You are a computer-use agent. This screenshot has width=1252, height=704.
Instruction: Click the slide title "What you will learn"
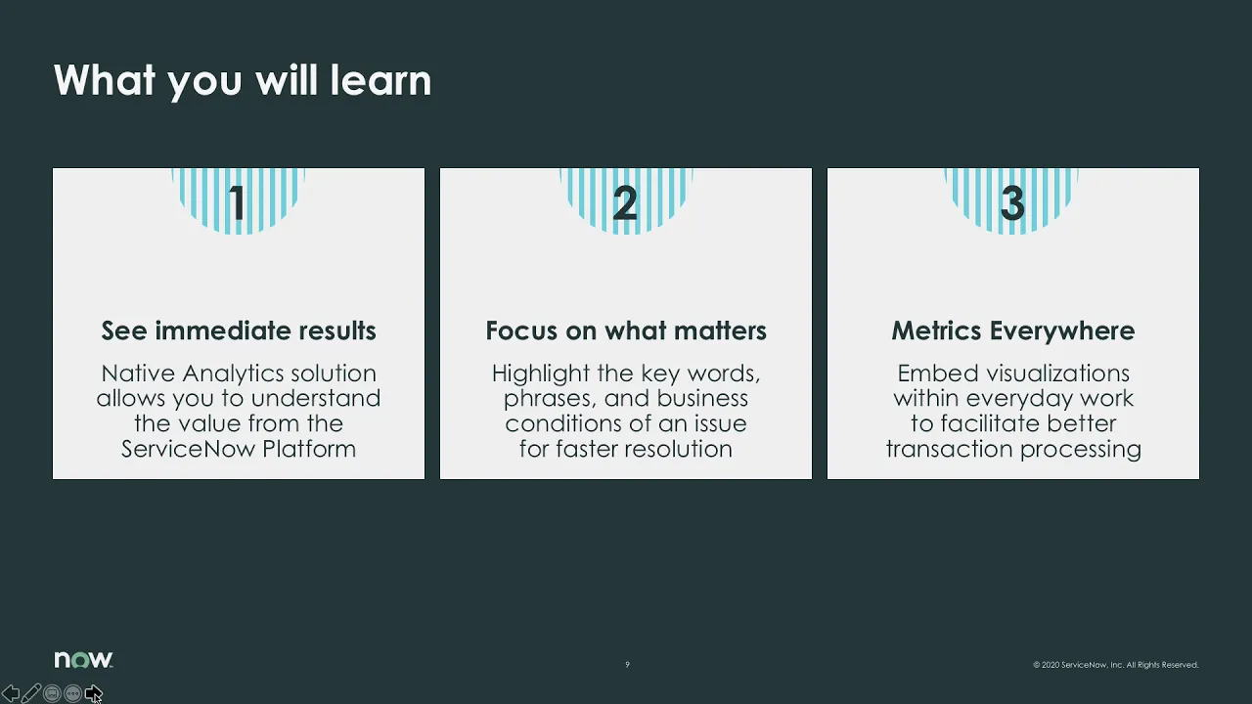tap(242, 80)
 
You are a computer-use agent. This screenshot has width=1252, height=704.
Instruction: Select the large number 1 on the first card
tap(238, 203)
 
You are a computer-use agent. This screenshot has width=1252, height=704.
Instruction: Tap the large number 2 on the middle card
tap(625, 203)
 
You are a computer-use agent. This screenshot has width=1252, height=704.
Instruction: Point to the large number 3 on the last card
tap(1012, 203)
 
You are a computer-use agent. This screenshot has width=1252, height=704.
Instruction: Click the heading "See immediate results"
tap(239, 330)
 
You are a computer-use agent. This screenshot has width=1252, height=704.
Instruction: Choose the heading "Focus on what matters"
tap(626, 330)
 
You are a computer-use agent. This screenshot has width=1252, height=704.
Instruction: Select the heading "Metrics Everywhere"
tap(1012, 330)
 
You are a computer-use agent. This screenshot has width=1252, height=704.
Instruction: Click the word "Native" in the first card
tap(138, 374)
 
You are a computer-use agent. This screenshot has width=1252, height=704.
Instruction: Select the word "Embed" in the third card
tap(930, 374)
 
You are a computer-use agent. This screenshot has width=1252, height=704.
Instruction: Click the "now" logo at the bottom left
tap(83, 660)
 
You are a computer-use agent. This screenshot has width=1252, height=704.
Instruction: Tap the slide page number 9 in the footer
tap(627, 665)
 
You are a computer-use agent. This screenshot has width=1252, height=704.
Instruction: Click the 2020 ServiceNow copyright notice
tap(1115, 665)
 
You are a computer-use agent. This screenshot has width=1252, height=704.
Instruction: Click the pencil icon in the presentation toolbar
tap(31, 693)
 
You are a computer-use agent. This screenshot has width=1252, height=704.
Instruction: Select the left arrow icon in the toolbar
tap(11, 693)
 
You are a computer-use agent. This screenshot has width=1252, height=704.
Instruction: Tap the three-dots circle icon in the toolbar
tap(72, 693)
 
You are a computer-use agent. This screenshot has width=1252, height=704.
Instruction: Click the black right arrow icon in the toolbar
tap(93, 693)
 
